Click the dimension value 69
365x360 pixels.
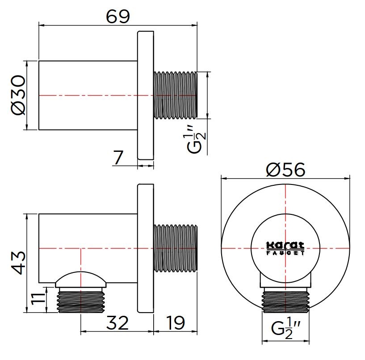[x=118, y=17]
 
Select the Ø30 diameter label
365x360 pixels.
[x=18, y=95]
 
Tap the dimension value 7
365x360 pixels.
[x=118, y=158]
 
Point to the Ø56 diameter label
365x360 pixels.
[x=285, y=170]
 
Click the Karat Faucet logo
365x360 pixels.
[x=285, y=248]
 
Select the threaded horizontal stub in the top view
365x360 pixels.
[x=175, y=95]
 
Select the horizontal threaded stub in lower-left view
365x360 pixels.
[x=175, y=248]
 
